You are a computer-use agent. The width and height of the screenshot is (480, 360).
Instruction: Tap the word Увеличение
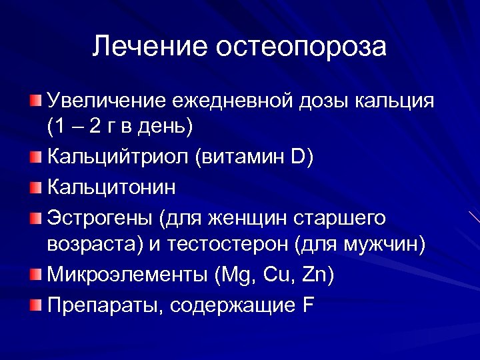[106, 102]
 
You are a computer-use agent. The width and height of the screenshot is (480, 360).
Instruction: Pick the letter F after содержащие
[309, 305]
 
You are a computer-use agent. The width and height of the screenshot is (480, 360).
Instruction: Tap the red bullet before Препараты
[35, 305]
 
